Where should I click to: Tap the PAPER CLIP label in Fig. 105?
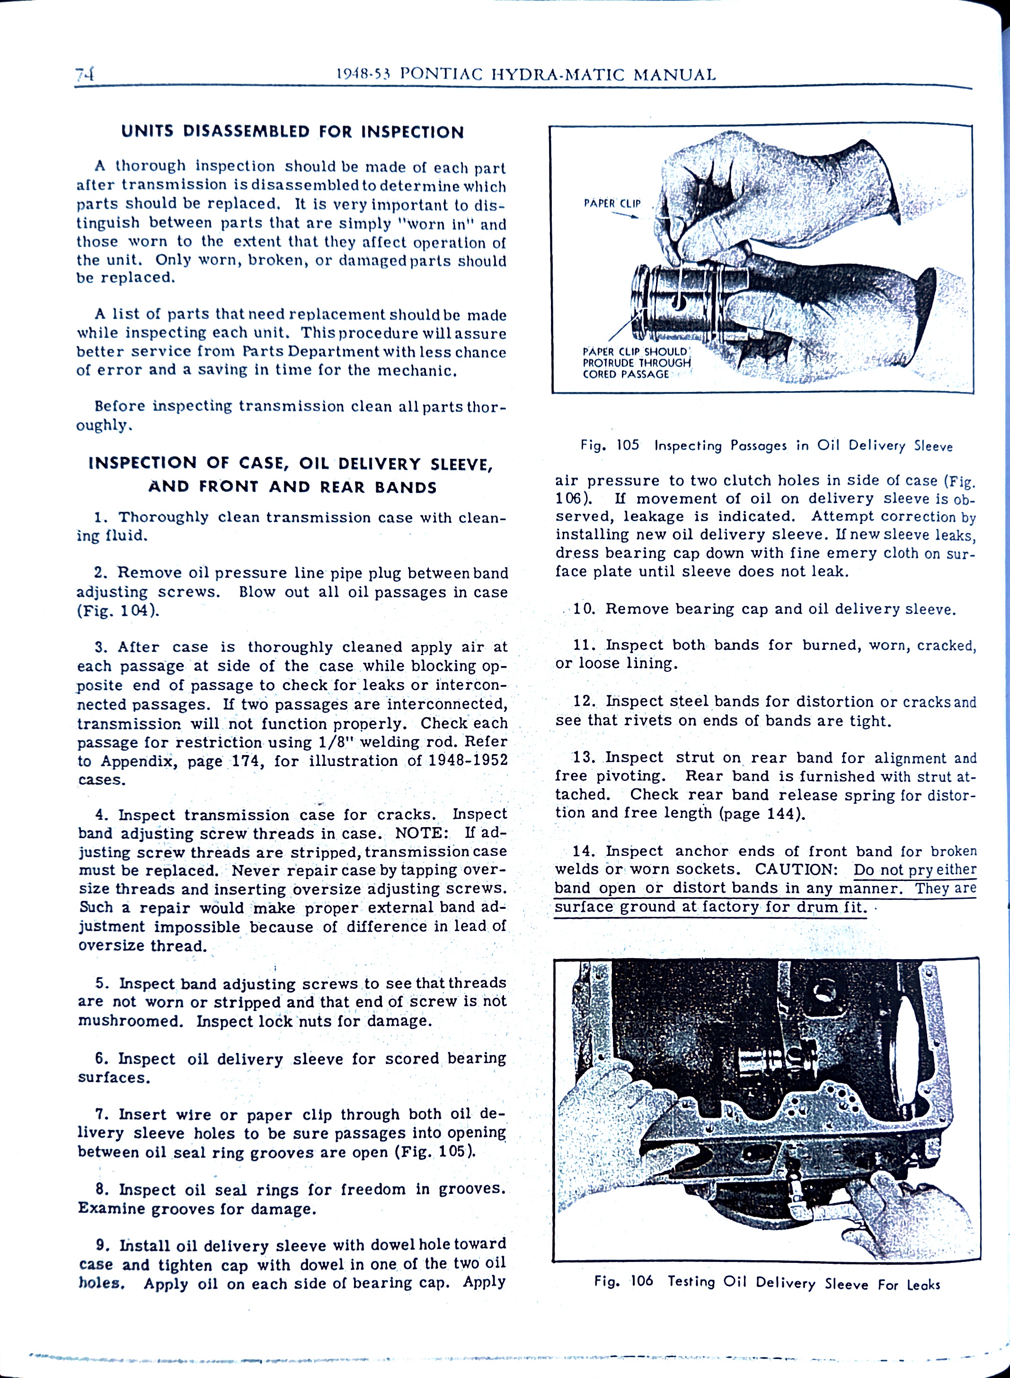pyautogui.click(x=612, y=203)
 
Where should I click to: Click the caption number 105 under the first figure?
pyautogui.click(x=627, y=445)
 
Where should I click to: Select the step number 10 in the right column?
pyautogui.click(x=584, y=609)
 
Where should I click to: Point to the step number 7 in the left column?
pyautogui.click(x=101, y=1114)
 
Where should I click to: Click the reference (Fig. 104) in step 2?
pyautogui.click(x=118, y=611)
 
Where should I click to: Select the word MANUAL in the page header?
pyautogui.click(x=674, y=75)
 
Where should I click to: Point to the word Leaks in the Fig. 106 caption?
pyautogui.click(x=923, y=1284)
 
